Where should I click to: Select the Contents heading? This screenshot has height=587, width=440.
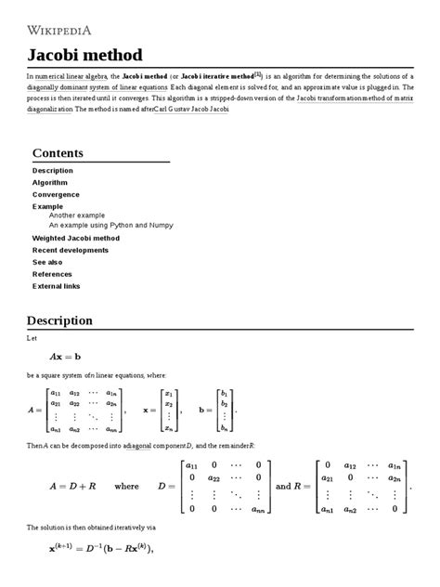[x=58, y=152]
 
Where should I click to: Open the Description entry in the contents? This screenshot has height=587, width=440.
[x=53, y=171]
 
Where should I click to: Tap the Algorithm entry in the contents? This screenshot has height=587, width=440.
[x=50, y=183]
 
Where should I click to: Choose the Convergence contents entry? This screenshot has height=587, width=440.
[x=56, y=194]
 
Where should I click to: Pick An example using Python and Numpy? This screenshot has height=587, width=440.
[x=110, y=225]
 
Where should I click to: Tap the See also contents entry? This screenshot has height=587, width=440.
[x=49, y=262]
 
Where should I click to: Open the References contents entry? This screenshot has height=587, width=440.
[x=53, y=274]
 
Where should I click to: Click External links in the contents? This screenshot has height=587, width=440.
[x=57, y=286]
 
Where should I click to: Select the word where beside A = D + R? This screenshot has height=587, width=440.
[x=126, y=485]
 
